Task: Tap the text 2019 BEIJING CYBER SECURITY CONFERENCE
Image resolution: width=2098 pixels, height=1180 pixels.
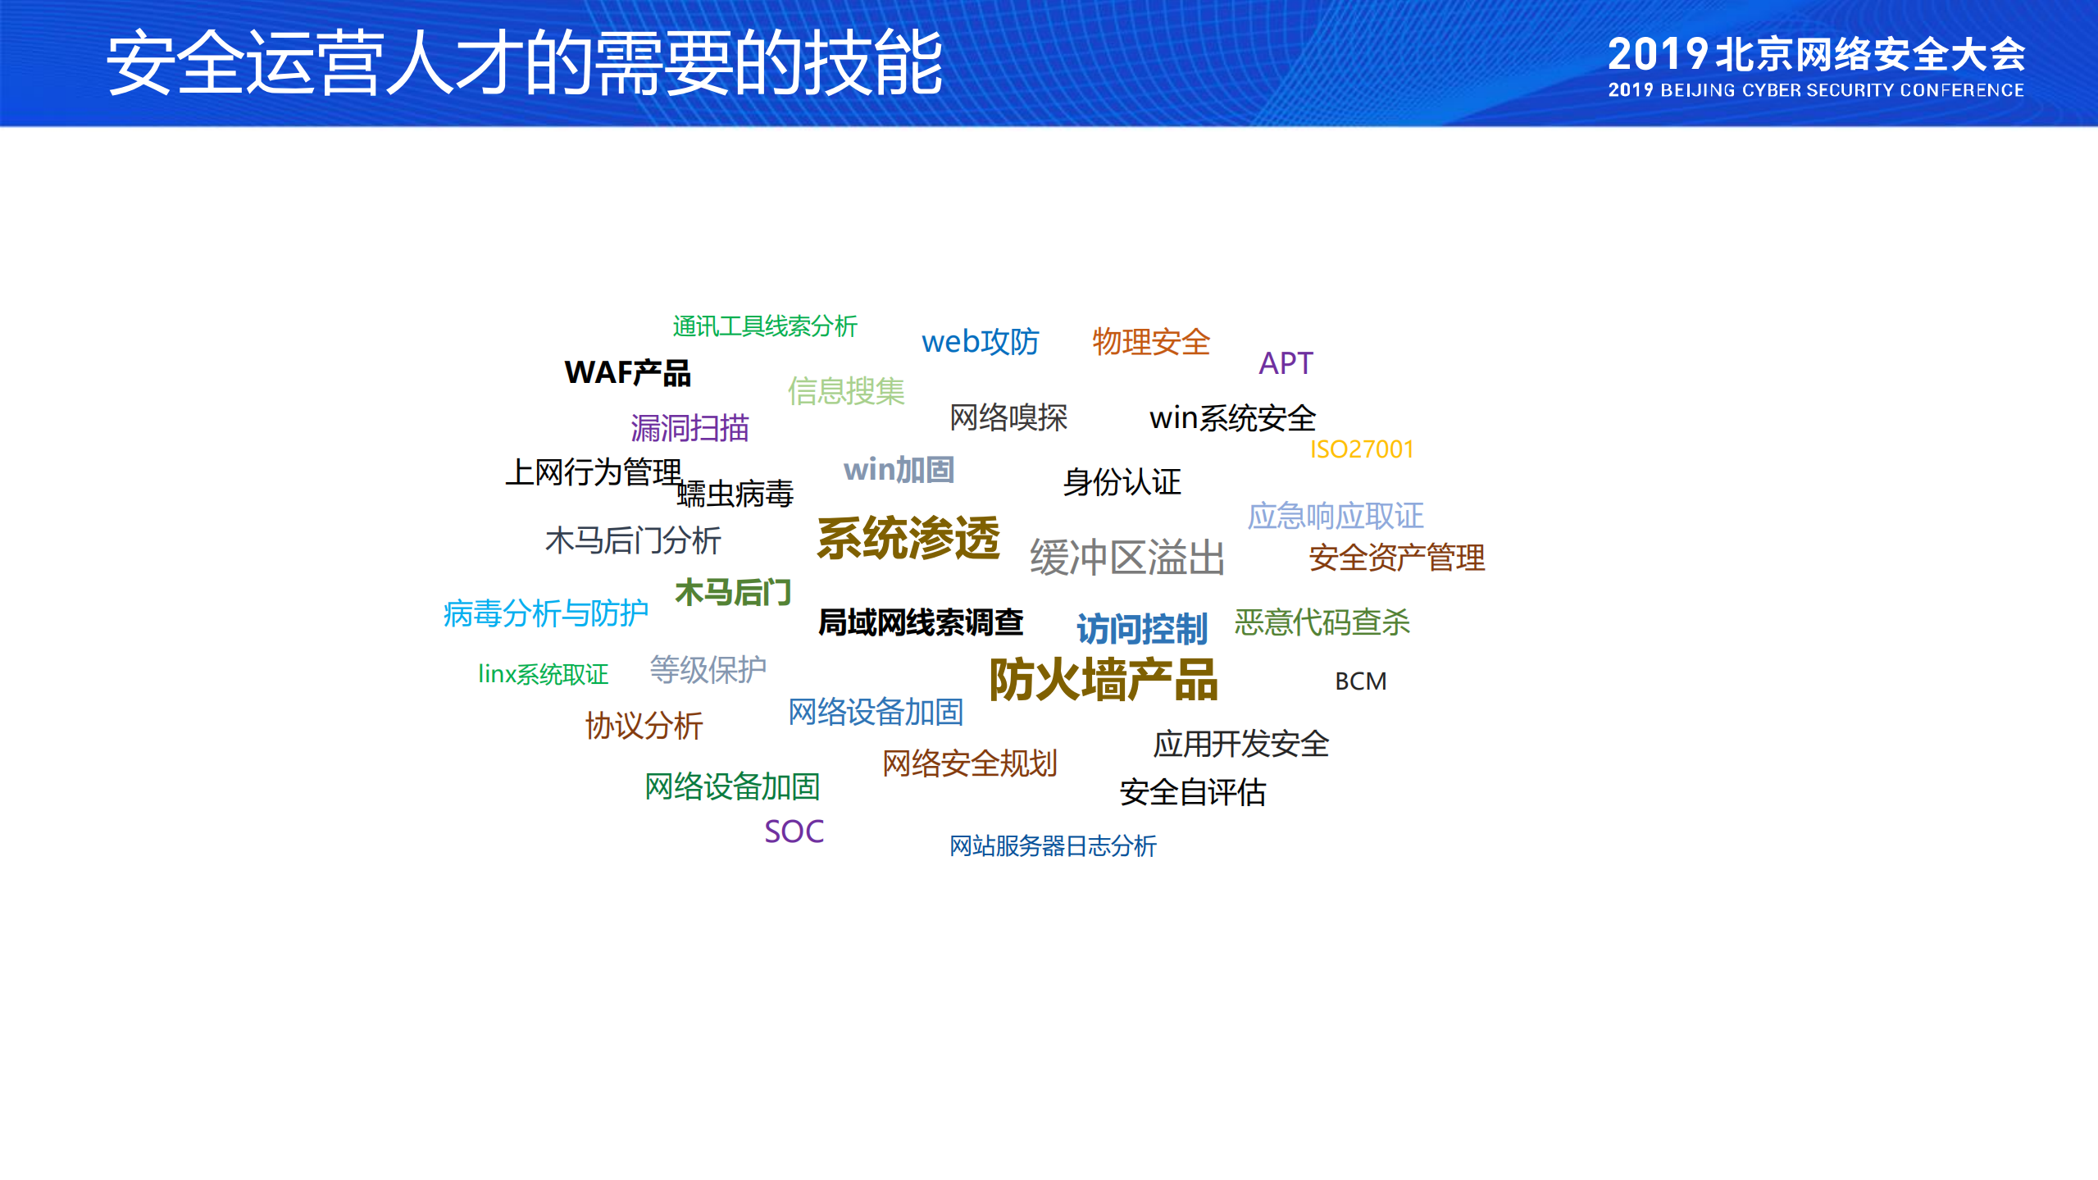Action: pos(1815,90)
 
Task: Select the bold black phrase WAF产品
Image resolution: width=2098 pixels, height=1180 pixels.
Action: pos(627,373)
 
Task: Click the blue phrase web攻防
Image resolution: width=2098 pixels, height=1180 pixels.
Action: pos(980,341)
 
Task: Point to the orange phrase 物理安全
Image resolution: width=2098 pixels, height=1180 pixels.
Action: pos(1150,341)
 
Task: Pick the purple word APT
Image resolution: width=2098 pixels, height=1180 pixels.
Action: pos(1286,363)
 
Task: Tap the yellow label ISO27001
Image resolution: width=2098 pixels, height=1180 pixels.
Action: pos(1361,449)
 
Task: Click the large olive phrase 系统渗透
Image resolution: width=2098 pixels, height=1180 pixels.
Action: pos(908,539)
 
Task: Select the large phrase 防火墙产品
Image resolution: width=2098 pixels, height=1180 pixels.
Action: pos(1103,680)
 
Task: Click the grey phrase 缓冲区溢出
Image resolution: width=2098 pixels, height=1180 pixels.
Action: pos(1126,558)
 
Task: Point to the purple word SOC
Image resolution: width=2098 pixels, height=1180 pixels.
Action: pos(794,831)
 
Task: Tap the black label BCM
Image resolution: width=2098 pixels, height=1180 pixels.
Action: pos(1360,681)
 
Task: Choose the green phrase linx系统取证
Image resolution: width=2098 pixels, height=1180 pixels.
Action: pos(543,674)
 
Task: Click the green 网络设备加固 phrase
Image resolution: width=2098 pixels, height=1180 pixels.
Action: pos(732,786)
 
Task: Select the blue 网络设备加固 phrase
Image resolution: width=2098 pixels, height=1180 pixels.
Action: pos(875,712)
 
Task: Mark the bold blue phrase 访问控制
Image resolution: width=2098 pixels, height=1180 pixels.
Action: pos(1141,629)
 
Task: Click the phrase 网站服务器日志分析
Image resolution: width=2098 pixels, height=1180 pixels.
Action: pos(1053,845)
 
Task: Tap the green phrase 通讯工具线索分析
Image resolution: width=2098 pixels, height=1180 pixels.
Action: pos(764,326)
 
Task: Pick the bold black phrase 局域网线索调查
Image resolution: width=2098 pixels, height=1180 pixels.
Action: pos(920,622)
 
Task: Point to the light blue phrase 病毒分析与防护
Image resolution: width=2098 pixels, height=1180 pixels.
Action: pos(545,613)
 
